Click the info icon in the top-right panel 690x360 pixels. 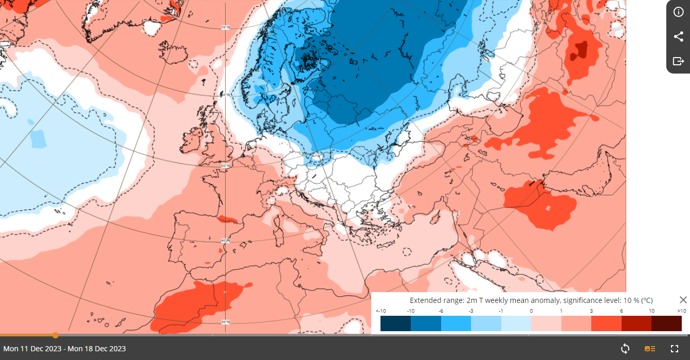point(678,12)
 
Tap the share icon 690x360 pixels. point(678,37)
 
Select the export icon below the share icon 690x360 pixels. point(678,61)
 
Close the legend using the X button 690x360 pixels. point(683,300)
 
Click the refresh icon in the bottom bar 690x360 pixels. point(625,349)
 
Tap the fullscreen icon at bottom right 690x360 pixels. point(675,349)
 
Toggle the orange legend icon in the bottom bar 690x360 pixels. point(650,349)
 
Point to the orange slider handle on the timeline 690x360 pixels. point(56,335)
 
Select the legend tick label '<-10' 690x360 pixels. point(380,311)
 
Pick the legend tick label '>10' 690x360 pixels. point(682,311)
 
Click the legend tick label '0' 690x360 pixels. point(531,311)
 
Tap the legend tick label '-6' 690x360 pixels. point(441,311)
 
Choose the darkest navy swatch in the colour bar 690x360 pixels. point(395,323)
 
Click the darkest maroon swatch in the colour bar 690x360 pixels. point(666,323)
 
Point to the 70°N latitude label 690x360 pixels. point(225,27)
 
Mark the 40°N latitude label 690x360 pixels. point(225,241)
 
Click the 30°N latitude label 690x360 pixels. point(225,322)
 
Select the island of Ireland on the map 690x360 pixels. point(192,140)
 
